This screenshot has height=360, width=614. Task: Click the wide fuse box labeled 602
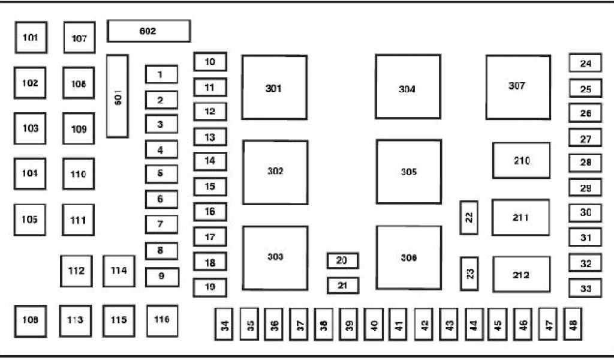[x=149, y=31]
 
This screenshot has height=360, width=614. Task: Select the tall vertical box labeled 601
[x=118, y=96]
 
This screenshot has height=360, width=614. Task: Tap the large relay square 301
[x=274, y=88]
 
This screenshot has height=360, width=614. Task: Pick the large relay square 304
[x=408, y=87]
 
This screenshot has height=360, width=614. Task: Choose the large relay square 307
[x=518, y=87]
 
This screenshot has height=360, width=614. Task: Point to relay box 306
[x=408, y=257]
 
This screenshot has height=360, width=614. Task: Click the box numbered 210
[x=521, y=160]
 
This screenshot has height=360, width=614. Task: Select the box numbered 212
[x=521, y=274]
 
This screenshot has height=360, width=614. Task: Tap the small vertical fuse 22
[x=469, y=218]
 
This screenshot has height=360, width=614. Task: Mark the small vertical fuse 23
[x=469, y=274]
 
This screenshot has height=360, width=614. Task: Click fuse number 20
[x=342, y=260]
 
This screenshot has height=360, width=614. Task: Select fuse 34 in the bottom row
[x=225, y=325]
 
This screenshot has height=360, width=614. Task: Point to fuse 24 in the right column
[x=585, y=63]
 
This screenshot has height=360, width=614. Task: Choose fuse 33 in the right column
[x=585, y=289]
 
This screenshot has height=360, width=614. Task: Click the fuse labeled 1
[x=161, y=74]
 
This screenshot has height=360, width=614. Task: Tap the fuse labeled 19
[x=210, y=287]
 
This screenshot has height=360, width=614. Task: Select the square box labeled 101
[x=31, y=38]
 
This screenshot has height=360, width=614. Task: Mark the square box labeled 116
[x=162, y=320]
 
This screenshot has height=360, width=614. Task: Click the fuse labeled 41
[x=398, y=325]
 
